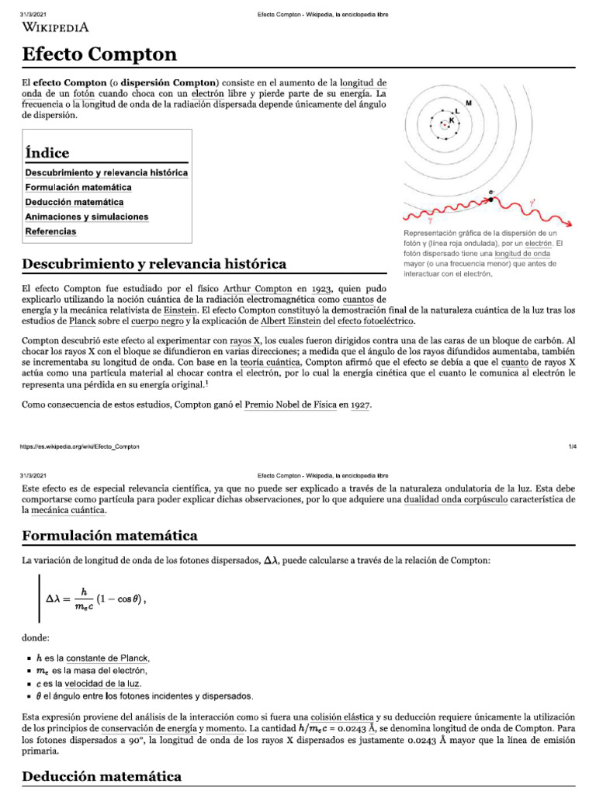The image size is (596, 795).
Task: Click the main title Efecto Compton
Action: click(x=99, y=54)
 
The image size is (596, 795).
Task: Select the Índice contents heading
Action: click(x=47, y=153)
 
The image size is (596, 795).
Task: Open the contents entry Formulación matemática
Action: click(x=78, y=187)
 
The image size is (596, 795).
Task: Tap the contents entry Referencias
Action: click(x=50, y=231)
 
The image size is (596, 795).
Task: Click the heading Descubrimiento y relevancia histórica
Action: click(x=154, y=264)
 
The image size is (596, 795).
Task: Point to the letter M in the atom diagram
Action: click(x=468, y=102)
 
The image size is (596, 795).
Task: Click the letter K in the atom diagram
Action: click(x=451, y=120)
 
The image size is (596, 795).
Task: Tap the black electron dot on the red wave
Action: click(x=490, y=200)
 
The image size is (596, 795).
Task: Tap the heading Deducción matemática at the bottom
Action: click(x=102, y=776)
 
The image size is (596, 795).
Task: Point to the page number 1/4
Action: click(x=571, y=447)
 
